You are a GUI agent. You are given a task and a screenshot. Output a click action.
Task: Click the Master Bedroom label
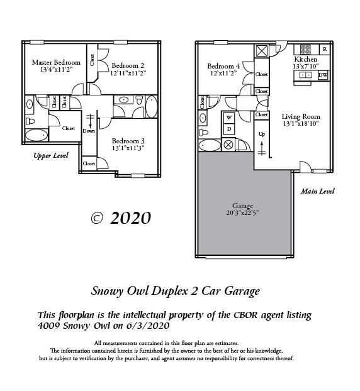click(56, 62)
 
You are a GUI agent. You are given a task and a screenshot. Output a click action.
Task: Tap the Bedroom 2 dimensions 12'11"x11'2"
click(128, 73)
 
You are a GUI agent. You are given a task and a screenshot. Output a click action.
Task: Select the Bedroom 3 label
click(128, 141)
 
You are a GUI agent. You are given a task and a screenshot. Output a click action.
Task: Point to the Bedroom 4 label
click(224, 66)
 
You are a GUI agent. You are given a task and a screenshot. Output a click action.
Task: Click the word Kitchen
click(305, 58)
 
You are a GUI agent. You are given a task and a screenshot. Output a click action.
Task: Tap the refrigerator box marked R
click(324, 48)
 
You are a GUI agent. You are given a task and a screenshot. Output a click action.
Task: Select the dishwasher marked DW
click(322, 75)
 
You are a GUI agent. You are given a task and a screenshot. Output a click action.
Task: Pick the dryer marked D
click(228, 129)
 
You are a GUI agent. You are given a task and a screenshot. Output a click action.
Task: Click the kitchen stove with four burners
click(305, 48)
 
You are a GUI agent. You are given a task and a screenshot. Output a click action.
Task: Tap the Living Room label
click(300, 116)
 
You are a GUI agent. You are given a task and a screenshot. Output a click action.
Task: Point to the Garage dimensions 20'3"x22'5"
click(242, 213)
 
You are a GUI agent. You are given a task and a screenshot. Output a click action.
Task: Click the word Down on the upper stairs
click(89, 131)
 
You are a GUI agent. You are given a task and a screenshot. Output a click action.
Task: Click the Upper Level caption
click(50, 155)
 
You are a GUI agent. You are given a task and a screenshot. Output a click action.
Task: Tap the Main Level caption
click(317, 191)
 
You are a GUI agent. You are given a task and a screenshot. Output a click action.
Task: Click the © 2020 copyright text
click(121, 218)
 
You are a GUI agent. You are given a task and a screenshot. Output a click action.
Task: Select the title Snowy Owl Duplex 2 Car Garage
click(175, 290)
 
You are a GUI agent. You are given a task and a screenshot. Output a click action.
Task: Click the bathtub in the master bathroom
click(37, 135)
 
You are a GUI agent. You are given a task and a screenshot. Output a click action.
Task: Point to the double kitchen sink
click(305, 75)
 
